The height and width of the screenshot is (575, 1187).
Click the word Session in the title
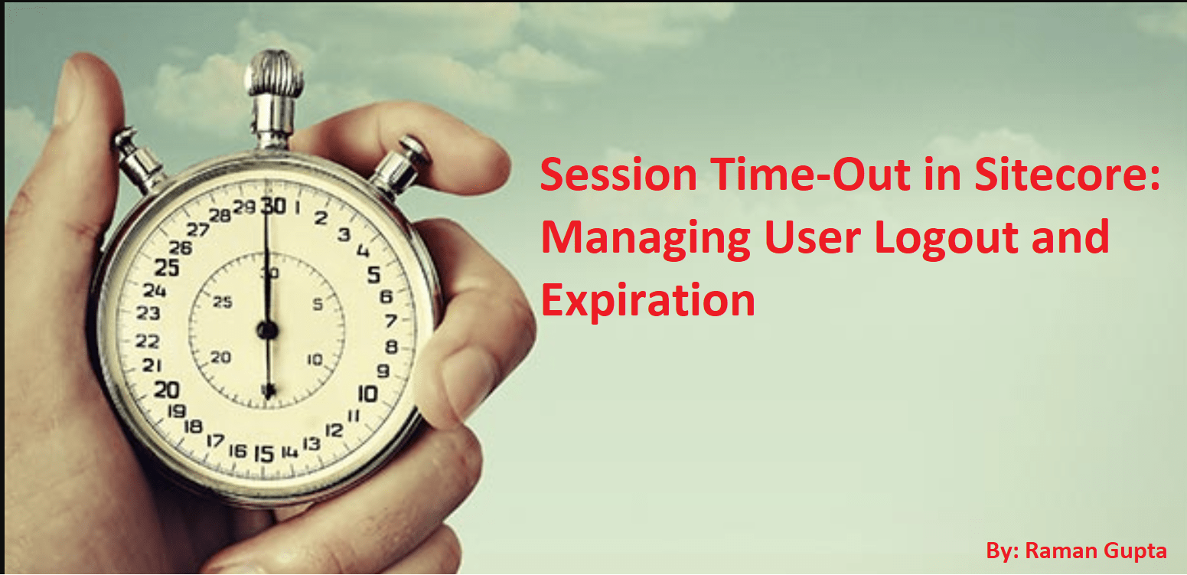tap(618, 175)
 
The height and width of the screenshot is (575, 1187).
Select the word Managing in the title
tap(645, 238)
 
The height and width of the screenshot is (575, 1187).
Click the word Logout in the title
tap(947, 238)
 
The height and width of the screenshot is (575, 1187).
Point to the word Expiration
tap(647, 301)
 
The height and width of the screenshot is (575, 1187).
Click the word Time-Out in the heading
tap(810, 175)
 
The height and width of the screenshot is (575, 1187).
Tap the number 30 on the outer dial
tap(274, 206)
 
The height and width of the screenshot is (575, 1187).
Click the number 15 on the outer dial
tap(264, 454)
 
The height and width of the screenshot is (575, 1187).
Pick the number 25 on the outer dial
tap(167, 268)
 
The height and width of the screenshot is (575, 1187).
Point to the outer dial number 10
tap(368, 394)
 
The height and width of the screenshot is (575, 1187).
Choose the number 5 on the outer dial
tap(374, 275)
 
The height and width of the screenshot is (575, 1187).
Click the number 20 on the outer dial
tap(167, 390)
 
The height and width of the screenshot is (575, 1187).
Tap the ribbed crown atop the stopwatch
tap(274, 74)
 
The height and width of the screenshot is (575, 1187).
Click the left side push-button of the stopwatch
tap(137, 160)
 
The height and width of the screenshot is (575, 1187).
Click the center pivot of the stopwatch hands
tap(268, 330)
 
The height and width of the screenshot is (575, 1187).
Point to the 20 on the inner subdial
tap(221, 358)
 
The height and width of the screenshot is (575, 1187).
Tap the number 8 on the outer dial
tap(392, 347)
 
